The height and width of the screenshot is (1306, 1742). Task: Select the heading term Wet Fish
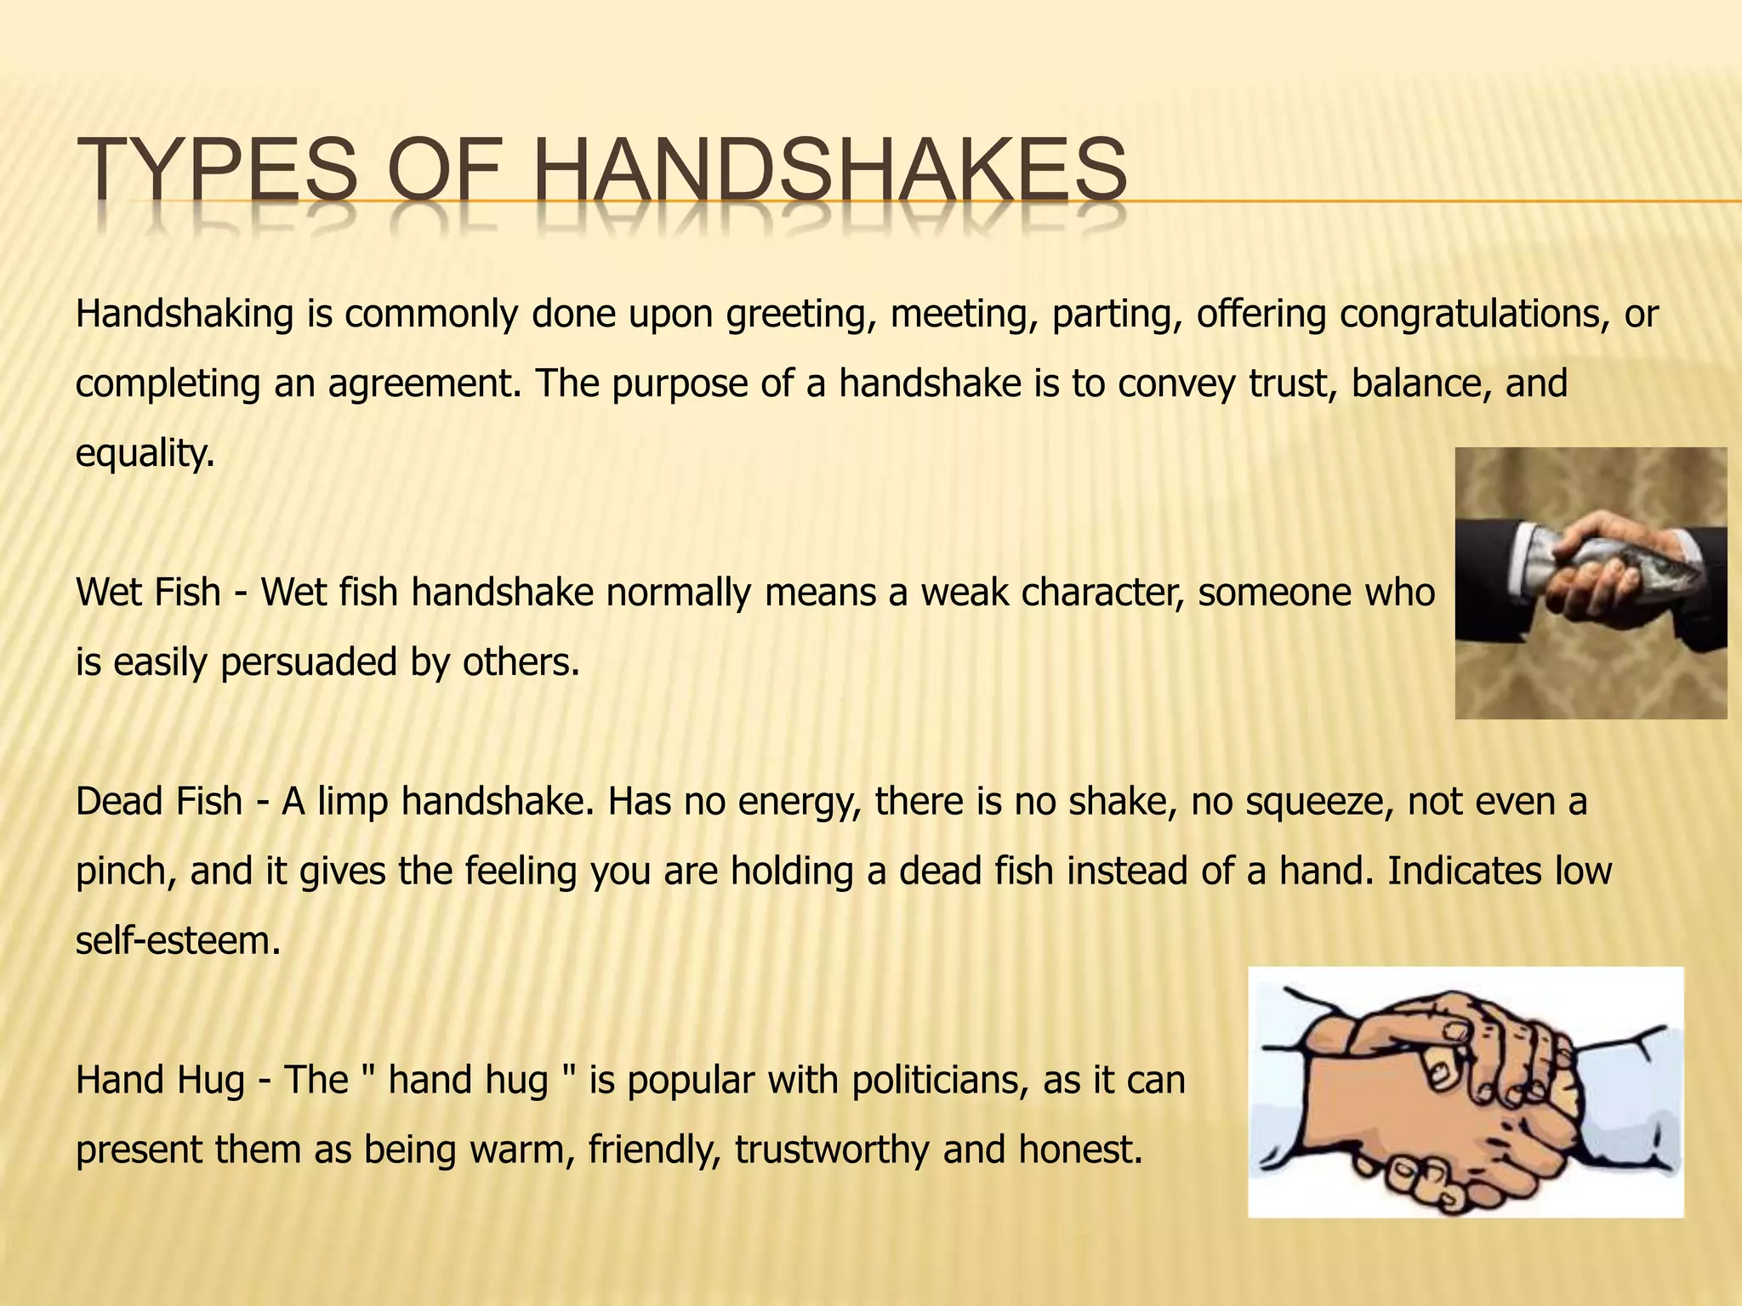tap(148, 592)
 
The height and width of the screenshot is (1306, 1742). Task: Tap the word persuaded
tap(309, 662)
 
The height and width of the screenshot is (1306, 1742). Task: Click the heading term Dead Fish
tap(158, 801)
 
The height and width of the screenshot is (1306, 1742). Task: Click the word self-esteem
tap(177, 940)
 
